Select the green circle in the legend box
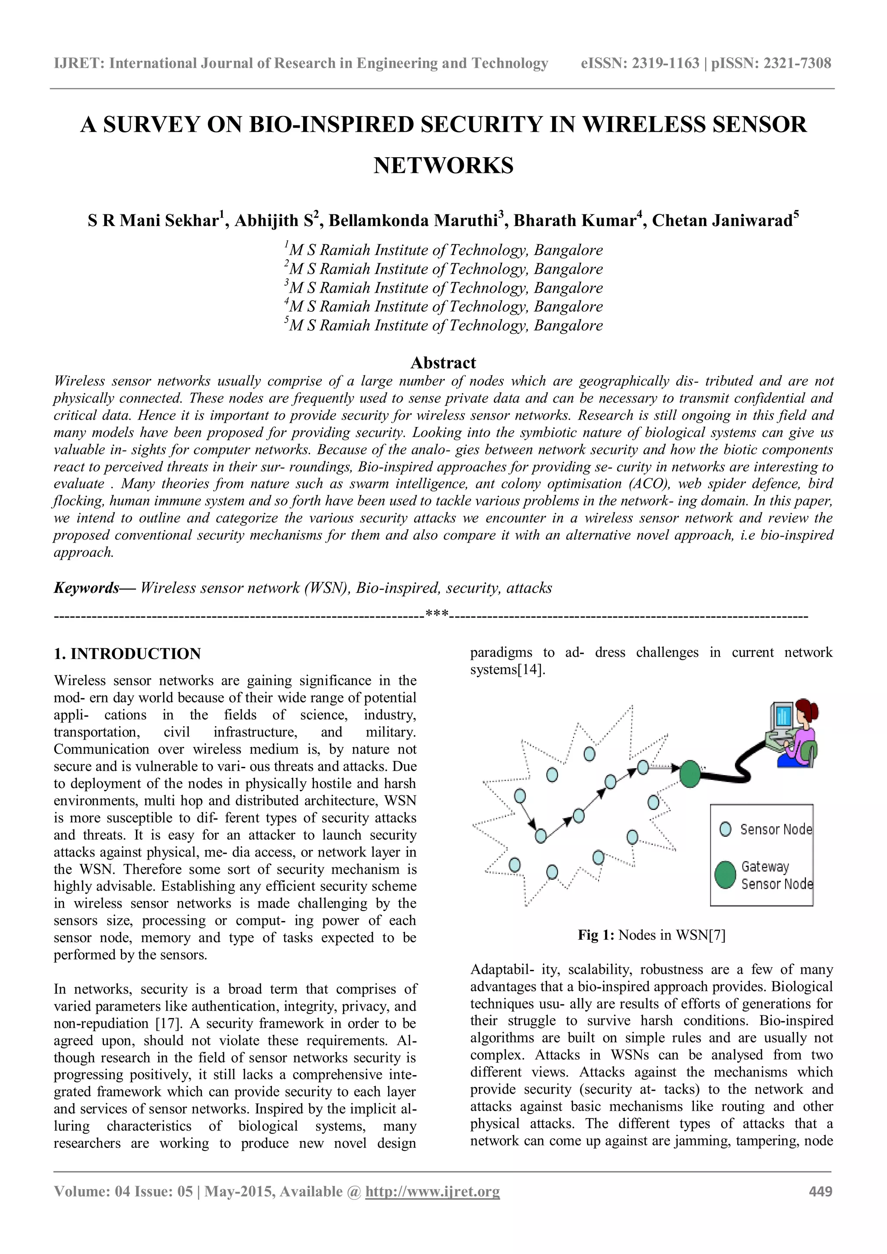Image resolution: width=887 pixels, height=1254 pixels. [x=725, y=875]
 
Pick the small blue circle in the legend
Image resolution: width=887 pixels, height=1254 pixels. [x=725, y=829]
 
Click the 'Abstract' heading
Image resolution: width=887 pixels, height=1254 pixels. [x=443, y=363]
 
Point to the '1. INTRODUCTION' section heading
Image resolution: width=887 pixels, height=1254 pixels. [x=127, y=654]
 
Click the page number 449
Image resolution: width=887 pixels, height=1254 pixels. [x=820, y=1191]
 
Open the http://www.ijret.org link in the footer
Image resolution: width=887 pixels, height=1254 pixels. [x=433, y=1191]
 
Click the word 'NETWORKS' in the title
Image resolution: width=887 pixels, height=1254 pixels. [x=443, y=165]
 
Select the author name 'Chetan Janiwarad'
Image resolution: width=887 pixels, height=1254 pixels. [x=722, y=221]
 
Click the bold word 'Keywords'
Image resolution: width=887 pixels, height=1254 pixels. [x=86, y=588]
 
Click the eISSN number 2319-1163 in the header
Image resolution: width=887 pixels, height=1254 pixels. [x=665, y=63]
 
